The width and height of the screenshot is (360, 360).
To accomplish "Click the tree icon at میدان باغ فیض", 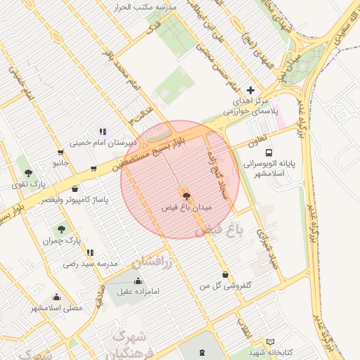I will click(x=186, y=196).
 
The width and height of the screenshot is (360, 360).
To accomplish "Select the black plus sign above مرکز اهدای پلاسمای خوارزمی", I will click(x=250, y=91).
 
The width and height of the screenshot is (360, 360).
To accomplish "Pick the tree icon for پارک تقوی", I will click(x=28, y=173).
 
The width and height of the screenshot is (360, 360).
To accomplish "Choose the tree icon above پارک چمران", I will click(x=61, y=229).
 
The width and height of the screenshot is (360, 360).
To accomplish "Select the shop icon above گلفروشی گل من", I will click(x=224, y=275).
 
